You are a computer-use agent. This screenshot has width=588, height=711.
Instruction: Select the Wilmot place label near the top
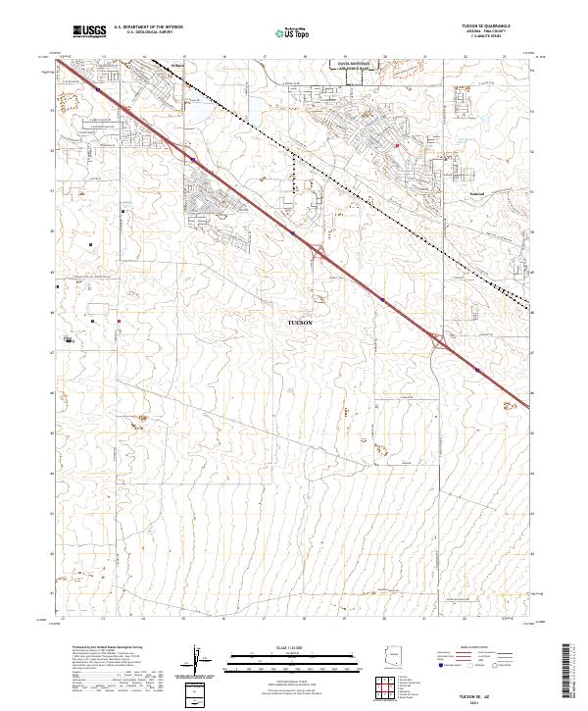point(177,67)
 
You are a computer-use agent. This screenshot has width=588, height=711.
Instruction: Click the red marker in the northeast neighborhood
point(397,145)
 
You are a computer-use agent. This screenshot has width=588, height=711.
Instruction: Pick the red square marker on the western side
point(120,320)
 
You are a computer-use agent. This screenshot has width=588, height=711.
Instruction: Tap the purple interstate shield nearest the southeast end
point(476,370)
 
